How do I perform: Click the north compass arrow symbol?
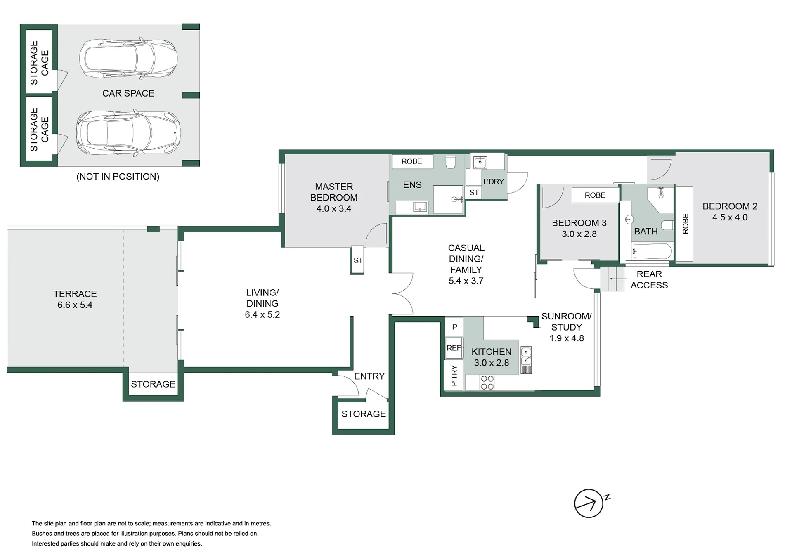[589, 503]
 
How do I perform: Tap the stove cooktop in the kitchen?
[487, 383]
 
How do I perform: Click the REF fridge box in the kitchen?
[454, 348]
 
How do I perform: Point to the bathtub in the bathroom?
[652, 251]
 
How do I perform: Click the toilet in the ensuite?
[451, 162]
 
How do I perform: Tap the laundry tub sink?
[480, 162]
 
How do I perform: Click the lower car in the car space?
[128, 132]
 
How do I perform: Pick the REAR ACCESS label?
[649, 280]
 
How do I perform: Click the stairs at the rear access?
[612, 279]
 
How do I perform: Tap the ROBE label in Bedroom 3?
[595, 195]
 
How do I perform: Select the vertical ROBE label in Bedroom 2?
[686, 224]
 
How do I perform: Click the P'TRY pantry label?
[454, 376]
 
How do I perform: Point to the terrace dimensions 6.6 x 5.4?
[75, 305]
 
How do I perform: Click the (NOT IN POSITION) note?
[118, 177]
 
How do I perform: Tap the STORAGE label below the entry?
[364, 414]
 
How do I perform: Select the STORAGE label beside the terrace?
[153, 384]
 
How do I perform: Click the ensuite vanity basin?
[420, 207]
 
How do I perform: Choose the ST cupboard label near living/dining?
[358, 260]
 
